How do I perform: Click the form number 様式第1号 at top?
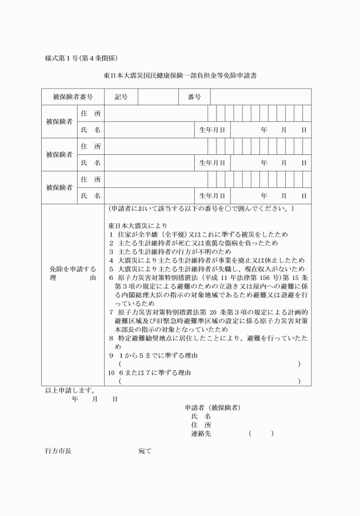82,57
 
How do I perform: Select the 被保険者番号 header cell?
73,97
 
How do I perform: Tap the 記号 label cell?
121,97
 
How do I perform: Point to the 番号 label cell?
194,97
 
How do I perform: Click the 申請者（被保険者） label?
212,407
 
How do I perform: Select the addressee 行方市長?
58,451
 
